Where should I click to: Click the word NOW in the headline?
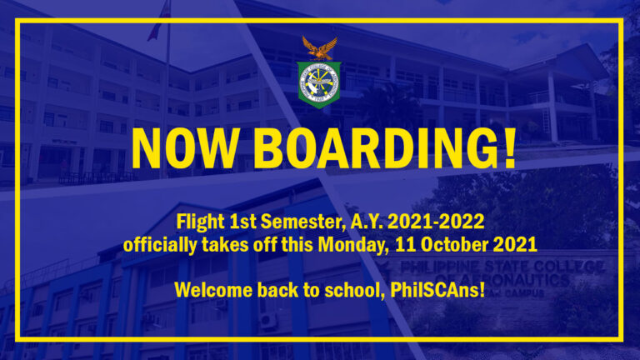pos(185,148)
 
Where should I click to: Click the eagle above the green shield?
pos(320,48)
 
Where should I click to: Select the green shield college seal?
pos(319,84)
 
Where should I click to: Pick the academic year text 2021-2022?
pos(436,222)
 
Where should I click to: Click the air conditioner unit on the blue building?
pos(268,320)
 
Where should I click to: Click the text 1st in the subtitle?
pos(242,222)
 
